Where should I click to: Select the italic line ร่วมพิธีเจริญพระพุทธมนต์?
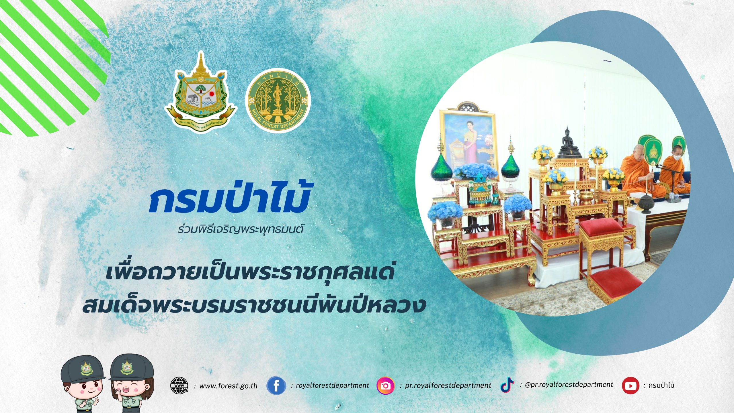[x=241, y=229]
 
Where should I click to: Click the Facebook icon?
[x=276, y=386]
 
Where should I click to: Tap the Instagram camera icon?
[x=385, y=386]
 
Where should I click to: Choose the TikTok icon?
[x=507, y=385]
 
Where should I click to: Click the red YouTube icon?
[x=630, y=386]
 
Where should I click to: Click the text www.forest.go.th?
[x=228, y=386]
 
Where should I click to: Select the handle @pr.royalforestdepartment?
[x=569, y=385]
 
